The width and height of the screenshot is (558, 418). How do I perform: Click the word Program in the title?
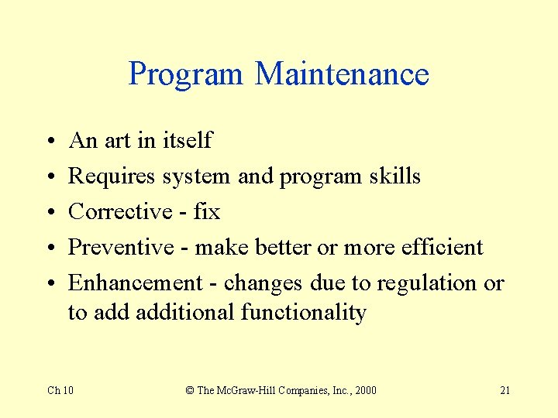click(185, 75)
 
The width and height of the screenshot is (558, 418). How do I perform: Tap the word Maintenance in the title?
click(342, 74)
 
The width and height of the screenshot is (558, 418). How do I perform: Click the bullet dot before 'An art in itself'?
click(49, 142)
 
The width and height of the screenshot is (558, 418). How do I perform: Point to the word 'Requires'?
click(112, 176)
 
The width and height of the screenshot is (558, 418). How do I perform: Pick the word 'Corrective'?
click(120, 211)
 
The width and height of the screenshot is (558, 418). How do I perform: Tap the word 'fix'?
click(207, 211)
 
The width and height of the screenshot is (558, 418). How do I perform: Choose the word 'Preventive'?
click(122, 247)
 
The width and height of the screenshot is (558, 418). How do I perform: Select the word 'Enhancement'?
click(136, 283)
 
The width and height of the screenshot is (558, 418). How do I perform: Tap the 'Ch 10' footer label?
click(60, 390)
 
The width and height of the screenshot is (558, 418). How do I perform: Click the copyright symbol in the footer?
click(190, 390)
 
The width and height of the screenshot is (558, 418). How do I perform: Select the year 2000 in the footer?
click(364, 390)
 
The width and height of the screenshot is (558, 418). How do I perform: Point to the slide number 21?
click(505, 390)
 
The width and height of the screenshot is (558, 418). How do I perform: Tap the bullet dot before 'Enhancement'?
click(49, 284)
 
